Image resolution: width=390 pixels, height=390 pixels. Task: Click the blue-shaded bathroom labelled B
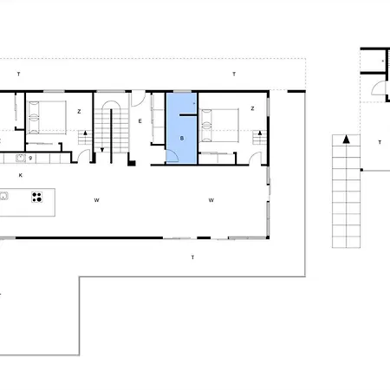coord(182,128)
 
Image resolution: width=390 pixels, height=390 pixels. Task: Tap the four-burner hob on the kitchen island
coord(37,197)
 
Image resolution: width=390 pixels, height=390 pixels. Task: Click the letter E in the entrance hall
coord(140,121)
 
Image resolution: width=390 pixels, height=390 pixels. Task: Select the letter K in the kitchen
coord(21,175)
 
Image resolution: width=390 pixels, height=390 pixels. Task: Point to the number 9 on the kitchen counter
coord(30,158)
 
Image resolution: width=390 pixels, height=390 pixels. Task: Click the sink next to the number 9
coord(21,158)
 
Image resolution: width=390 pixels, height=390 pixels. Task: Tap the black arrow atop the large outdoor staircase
coord(346,140)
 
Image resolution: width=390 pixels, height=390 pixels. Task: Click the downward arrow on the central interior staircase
coord(102,150)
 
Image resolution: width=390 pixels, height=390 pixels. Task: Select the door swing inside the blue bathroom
coord(172,156)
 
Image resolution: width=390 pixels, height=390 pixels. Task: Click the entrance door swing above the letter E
coord(139,99)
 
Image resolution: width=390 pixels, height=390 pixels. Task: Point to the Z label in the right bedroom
coord(252,108)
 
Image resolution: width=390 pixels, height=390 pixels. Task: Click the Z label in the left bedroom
coord(79,111)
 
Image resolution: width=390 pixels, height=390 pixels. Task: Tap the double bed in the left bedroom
coord(47,117)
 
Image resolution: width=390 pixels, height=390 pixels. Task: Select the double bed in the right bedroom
coord(219,126)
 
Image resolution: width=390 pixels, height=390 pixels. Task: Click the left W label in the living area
coord(97,200)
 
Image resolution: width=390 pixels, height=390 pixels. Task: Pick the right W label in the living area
coord(211,200)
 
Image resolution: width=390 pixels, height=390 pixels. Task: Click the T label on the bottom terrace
coord(192,257)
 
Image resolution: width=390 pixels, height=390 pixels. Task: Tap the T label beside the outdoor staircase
coord(380,142)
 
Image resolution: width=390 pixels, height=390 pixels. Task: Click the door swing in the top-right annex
coord(378,88)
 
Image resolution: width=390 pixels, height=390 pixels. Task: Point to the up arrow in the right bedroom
coord(260,133)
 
